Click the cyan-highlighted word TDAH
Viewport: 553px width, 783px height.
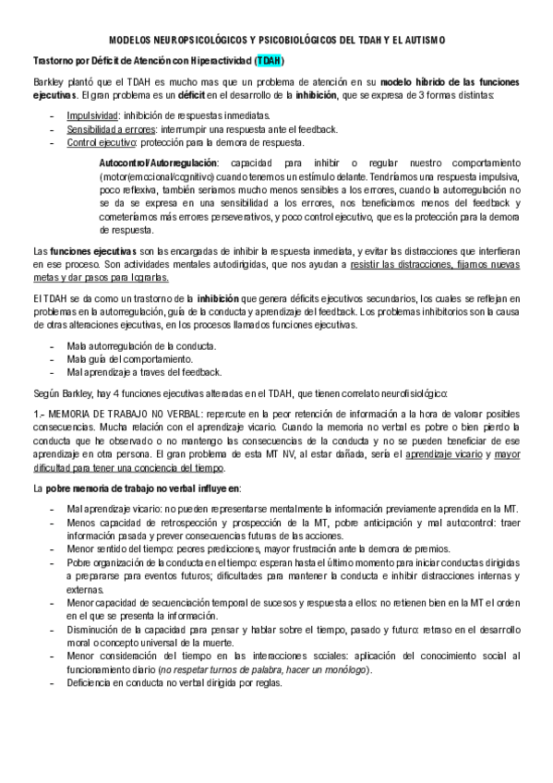(270, 61)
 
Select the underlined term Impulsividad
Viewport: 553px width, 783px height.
(93, 115)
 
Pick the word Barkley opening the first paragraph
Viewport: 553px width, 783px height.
(48, 81)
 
